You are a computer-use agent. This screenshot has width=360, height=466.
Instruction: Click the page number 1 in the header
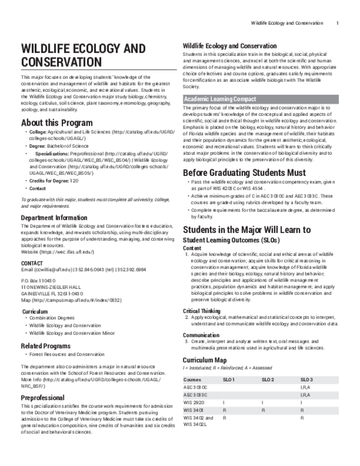click(338, 23)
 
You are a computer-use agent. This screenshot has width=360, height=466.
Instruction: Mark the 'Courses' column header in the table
click(193, 380)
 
